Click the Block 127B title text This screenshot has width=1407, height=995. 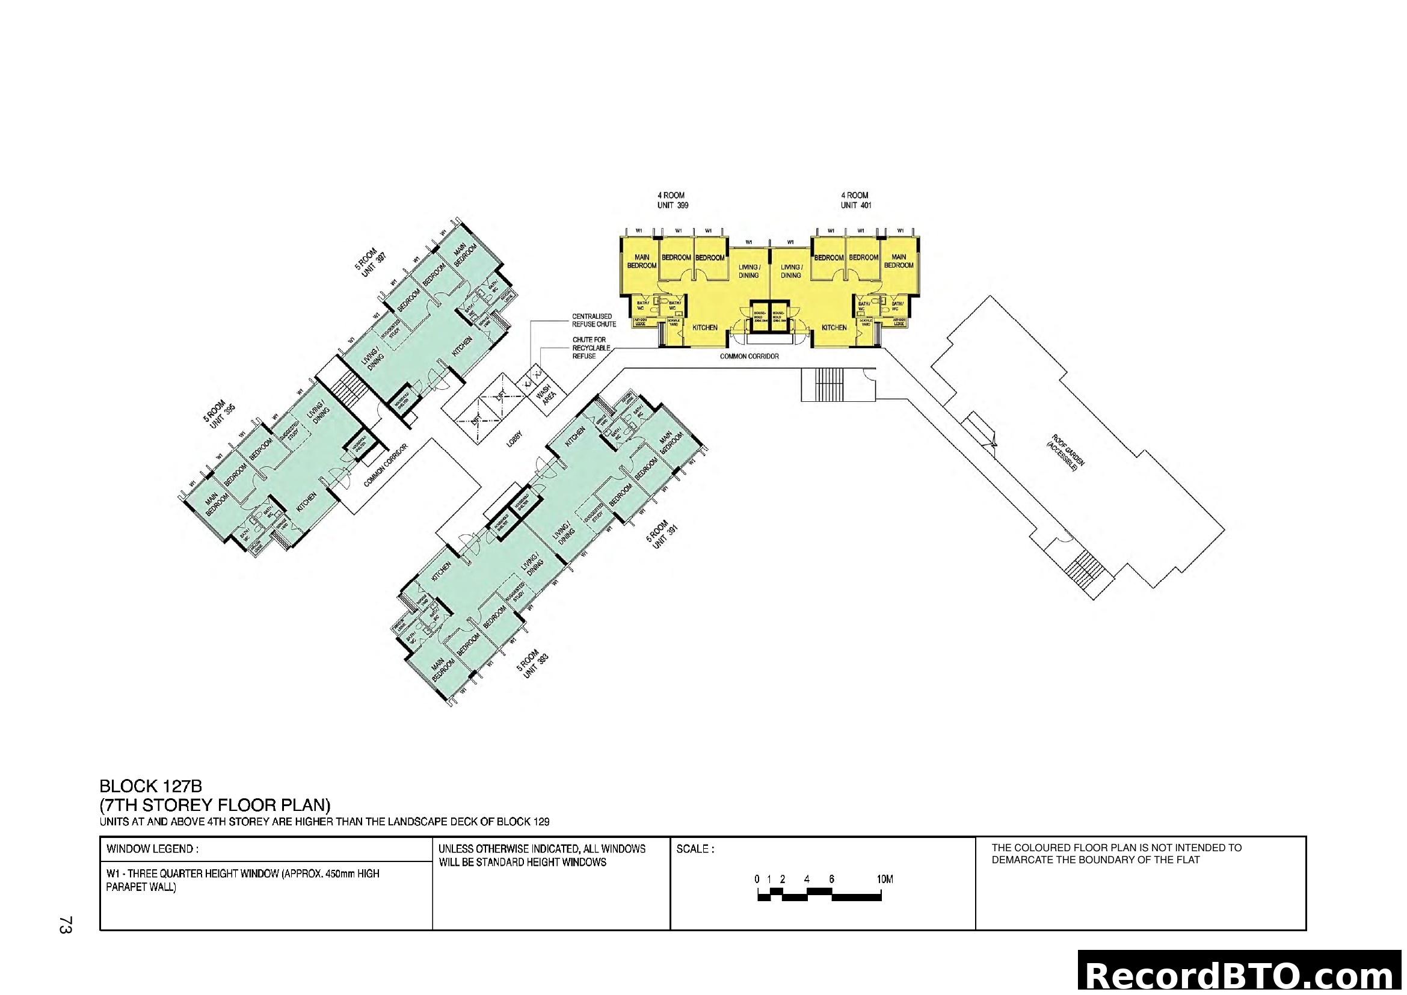tap(151, 786)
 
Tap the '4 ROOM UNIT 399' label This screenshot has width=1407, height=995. tap(673, 200)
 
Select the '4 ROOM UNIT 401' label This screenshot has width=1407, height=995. tap(855, 200)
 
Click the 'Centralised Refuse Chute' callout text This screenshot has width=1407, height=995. tap(594, 321)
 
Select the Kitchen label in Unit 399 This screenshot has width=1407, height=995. tap(705, 328)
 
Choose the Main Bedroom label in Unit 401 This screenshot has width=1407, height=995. tap(898, 262)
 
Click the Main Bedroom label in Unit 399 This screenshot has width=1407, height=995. tap(642, 262)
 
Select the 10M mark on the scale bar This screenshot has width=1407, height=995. tap(884, 879)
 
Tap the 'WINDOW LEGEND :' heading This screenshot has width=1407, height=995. tap(153, 849)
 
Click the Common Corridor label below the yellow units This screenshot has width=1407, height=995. tap(749, 356)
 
